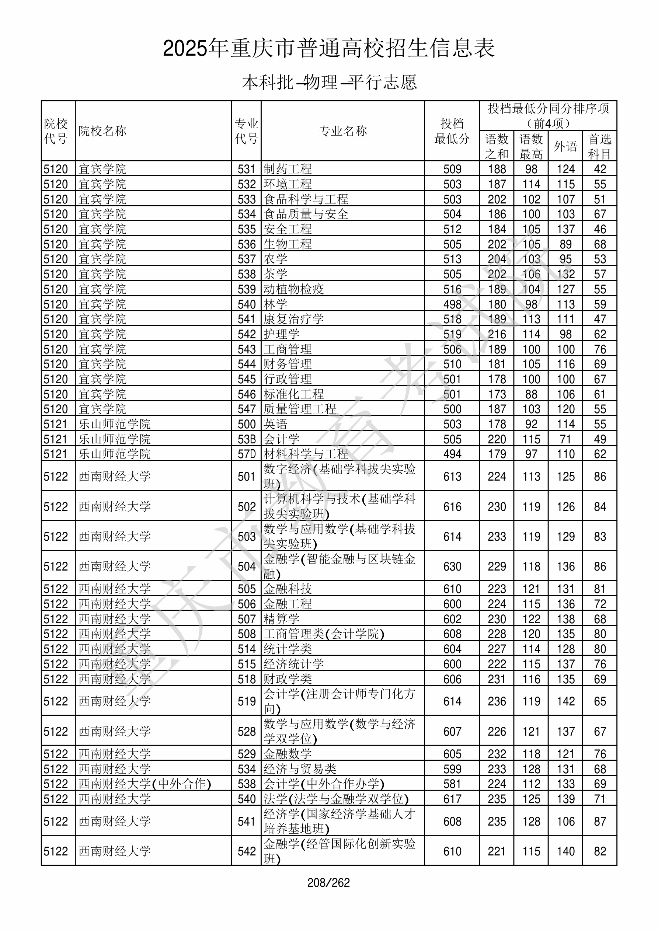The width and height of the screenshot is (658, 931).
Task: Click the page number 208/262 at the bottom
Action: pyautogui.click(x=328, y=882)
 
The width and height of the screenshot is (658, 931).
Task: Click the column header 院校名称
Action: pyautogui.click(x=102, y=131)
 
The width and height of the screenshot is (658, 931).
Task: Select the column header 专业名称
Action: pyautogui.click(x=343, y=131)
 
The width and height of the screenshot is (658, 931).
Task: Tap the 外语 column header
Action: pyautogui.click(x=565, y=146)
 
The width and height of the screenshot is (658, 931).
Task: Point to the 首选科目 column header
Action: pyautogui.click(x=600, y=146)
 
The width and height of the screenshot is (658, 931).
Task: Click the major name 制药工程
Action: pyautogui.click(x=288, y=169)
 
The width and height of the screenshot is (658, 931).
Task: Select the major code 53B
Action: pyautogui.click(x=247, y=439)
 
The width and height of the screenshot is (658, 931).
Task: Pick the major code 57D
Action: pyautogui.click(x=247, y=454)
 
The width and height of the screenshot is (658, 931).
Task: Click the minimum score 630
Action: pyautogui.click(x=452, y=566)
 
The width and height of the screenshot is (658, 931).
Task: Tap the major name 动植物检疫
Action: pyautogui.click(x=294, y=289)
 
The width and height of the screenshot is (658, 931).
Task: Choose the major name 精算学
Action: pyautogui.click(x=282, y=619)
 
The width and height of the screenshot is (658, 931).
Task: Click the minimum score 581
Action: pyautogui.click(x=452, y=784)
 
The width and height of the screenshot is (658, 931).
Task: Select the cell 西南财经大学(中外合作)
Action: pyautogui.click(x=145, y=784)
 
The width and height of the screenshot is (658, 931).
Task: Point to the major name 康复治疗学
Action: pyautogui.click(x=294, y=319)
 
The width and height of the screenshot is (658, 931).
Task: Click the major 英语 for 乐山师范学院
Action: pyautogui.click(x=275, y=424)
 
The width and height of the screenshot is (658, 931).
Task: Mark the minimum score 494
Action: pyautogui.click(x=452, y=454)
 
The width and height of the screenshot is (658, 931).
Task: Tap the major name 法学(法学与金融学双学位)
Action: pyautogui.click(x=336, y=799)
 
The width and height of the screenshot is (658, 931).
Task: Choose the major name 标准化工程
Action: pyautogui.click(x=294, y=394)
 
